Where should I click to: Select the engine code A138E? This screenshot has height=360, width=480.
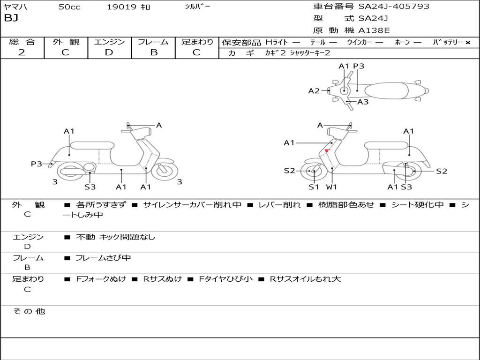(374, 31)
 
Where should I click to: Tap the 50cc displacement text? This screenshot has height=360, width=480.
(68, 7)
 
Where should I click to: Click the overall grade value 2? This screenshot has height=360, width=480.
(22, 52)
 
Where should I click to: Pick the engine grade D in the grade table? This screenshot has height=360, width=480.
(109, 52)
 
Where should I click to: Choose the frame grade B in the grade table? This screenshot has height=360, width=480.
(153, 52)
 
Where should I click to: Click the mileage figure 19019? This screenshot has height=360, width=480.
(121, 7)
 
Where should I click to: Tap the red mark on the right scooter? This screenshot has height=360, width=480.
(327, 150)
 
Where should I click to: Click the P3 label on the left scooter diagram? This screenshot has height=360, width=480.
(37, 164)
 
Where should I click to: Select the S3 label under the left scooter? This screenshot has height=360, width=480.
(90, 187)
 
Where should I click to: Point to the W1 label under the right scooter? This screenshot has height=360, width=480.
(332, 187)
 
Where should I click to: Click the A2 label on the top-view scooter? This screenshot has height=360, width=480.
(314, 91)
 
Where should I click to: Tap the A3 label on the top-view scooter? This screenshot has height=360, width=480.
(363, 102)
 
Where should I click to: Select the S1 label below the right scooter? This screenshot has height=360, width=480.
(314, 187)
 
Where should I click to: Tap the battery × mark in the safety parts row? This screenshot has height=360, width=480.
(467, 42)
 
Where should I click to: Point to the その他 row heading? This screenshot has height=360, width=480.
(29, 311)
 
